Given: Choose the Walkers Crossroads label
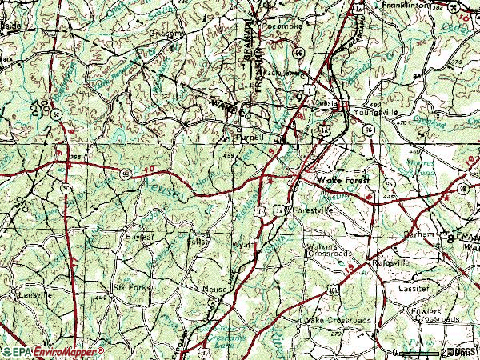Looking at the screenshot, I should click(329, 250).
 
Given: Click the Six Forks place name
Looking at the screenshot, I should click(130, 286).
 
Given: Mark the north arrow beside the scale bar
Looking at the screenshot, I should click(450, 351).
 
